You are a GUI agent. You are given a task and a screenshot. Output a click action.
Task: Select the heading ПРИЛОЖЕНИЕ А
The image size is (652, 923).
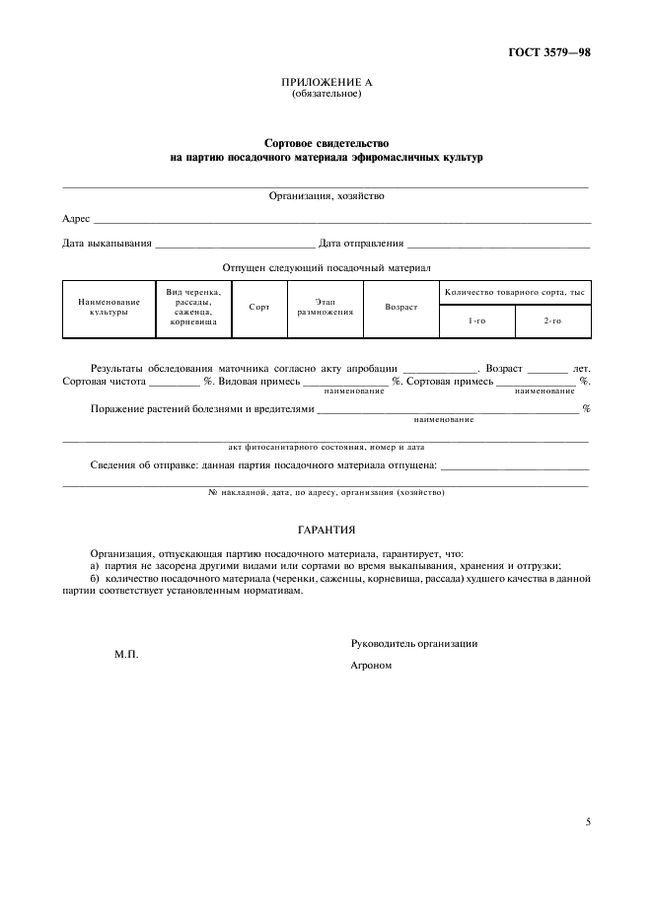point(326,83)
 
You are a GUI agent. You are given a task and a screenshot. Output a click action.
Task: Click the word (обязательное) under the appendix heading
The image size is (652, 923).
point(326,94)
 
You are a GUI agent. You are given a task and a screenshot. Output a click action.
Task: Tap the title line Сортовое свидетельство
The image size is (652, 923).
point(326,143)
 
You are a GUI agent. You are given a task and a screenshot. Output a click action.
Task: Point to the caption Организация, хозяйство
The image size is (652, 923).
point(326,195)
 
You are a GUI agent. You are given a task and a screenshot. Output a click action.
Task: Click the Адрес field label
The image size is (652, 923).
point(76,218)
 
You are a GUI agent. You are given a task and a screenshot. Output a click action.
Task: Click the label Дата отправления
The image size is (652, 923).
point(361,243)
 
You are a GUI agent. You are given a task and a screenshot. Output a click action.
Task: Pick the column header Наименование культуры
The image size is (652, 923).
point(109,307)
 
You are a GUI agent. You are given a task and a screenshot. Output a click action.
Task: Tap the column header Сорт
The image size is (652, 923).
point(259,308)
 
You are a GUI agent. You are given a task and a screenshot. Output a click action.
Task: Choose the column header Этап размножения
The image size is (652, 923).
point(326,307)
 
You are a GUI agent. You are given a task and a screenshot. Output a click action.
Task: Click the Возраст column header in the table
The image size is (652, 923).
point(400,308)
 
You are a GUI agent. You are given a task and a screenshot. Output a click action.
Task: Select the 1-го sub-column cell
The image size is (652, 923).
point(476,321)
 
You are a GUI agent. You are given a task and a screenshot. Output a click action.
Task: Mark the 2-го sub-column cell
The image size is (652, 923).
point(552,321)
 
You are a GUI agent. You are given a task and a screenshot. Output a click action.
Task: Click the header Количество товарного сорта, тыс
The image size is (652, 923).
point(515,292)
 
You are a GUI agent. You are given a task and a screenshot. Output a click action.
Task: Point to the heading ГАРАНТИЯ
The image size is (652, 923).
point(326,530)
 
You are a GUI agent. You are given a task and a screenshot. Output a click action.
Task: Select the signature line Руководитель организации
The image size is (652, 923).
point(414,643)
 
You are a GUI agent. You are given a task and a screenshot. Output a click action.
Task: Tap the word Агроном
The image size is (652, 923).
point(372,666)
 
